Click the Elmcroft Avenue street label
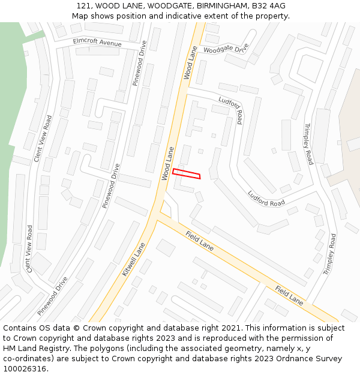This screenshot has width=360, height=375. pyautogui.click(x=97, y=43)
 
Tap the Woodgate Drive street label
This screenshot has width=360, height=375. pyautogui.click(x=226, y=49)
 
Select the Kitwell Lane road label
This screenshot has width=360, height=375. pyautogui.click(x=134, y=259)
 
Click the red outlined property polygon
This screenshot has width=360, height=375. pyautogui.click(x=187, y=173)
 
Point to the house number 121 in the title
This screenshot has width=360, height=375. pyautogui.click(x=83, y=6)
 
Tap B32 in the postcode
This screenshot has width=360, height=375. pyautogui.click(x=261, y=6)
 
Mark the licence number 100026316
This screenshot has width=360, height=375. pyautogui.click(x=25, y=369)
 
